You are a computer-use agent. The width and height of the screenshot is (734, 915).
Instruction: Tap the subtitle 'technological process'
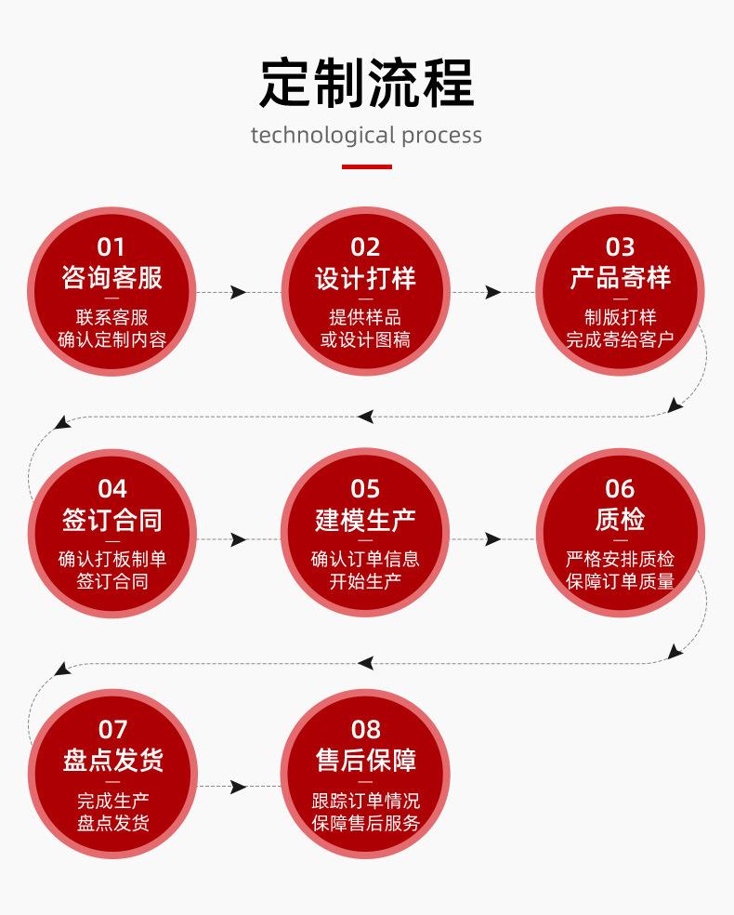366,135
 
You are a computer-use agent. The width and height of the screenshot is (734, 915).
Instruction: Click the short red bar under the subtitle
366,167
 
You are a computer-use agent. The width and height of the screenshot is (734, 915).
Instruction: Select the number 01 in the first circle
111,246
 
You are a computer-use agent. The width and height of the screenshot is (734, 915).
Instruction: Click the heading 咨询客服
111,277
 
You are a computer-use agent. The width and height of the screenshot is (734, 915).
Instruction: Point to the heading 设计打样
365,277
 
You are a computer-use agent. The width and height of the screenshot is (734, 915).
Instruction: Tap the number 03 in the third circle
620,246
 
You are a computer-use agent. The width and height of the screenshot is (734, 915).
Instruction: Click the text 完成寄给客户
620,339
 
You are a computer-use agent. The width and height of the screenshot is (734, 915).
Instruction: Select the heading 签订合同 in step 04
111,519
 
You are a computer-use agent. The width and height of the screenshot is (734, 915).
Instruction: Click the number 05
365,488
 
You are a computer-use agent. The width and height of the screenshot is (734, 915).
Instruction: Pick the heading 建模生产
365,519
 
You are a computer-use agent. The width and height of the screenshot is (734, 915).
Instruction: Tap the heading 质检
620,519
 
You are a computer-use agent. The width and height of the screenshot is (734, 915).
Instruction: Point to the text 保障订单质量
620,581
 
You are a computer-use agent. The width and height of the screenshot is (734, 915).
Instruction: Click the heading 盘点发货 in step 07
111,760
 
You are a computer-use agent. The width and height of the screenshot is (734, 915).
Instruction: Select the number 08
365,729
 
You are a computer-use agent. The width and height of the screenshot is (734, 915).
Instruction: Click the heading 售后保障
365,760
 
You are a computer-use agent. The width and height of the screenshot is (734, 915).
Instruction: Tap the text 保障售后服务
365,823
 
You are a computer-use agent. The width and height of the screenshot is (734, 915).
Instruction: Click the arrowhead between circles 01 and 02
239,292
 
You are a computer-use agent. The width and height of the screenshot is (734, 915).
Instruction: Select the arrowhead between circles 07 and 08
239,787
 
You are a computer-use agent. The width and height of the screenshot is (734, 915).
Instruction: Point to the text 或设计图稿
365,339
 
